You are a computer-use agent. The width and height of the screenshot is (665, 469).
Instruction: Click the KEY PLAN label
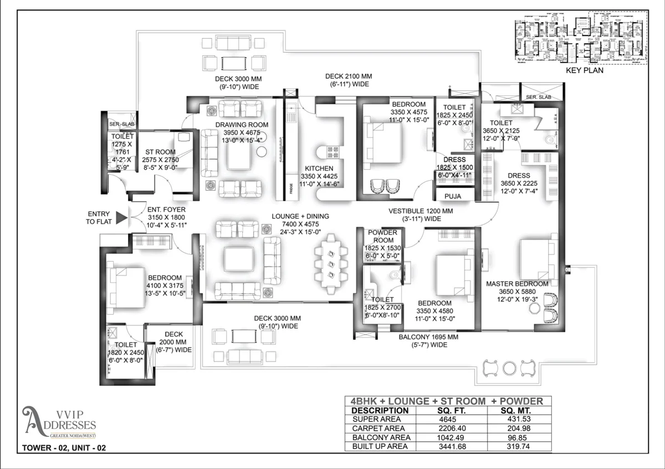[584, 71]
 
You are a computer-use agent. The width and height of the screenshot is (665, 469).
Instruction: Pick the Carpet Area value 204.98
[515, 429]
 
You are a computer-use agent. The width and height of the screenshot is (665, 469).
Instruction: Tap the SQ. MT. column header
[515, 410]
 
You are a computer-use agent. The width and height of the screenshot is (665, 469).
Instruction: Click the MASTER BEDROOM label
[517, 284]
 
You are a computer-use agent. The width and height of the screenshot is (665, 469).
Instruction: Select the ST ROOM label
[160, 152]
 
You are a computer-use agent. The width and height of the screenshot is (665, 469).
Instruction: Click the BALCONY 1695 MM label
[423, 337]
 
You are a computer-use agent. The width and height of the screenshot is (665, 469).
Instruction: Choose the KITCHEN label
[319, 169]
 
